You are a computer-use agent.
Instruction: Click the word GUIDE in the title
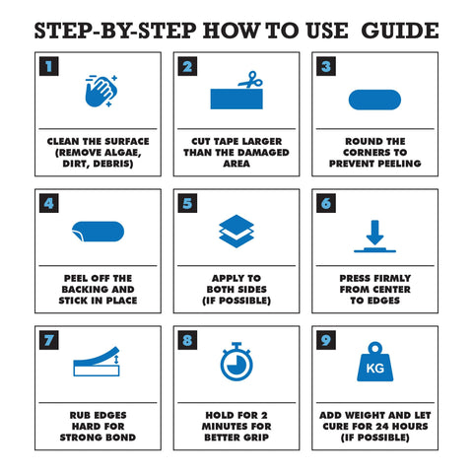400,31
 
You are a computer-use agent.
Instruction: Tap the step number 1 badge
49,66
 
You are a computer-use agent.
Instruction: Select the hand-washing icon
101,91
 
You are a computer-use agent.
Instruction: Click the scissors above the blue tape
250,80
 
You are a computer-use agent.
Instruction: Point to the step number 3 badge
326,66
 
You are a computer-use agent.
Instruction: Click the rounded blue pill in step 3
374,100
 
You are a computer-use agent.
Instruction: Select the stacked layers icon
236,232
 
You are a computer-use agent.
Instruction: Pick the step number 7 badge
49,340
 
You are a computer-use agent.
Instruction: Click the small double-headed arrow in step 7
115,360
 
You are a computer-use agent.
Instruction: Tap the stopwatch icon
236,362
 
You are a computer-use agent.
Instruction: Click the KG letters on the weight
375,369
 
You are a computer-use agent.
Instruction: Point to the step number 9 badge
326,340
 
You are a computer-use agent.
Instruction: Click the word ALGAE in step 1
121,153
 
